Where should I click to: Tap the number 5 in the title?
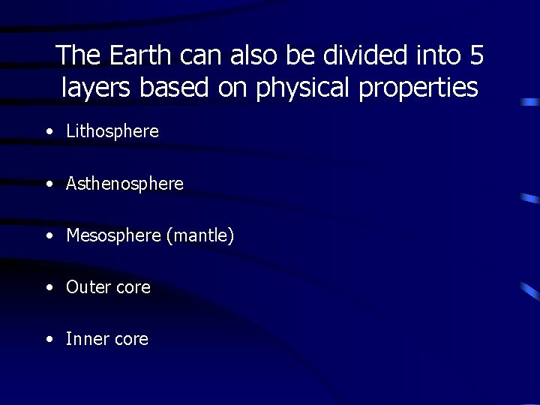click(475, 55)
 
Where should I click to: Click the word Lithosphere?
click(112, 132)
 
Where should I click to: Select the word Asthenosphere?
click(124, 184)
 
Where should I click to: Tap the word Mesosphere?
click(113, 235)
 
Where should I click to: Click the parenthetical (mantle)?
click(200, 236)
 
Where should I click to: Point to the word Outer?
click(87, 287)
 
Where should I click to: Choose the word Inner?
click(85, 339)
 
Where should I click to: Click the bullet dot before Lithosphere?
click(49, 132)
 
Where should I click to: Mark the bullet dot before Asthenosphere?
click(49, 184)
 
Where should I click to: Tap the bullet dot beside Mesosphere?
click(49, 235)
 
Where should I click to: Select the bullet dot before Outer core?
click(49, 287)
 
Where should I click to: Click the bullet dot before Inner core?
click(49, 339)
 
